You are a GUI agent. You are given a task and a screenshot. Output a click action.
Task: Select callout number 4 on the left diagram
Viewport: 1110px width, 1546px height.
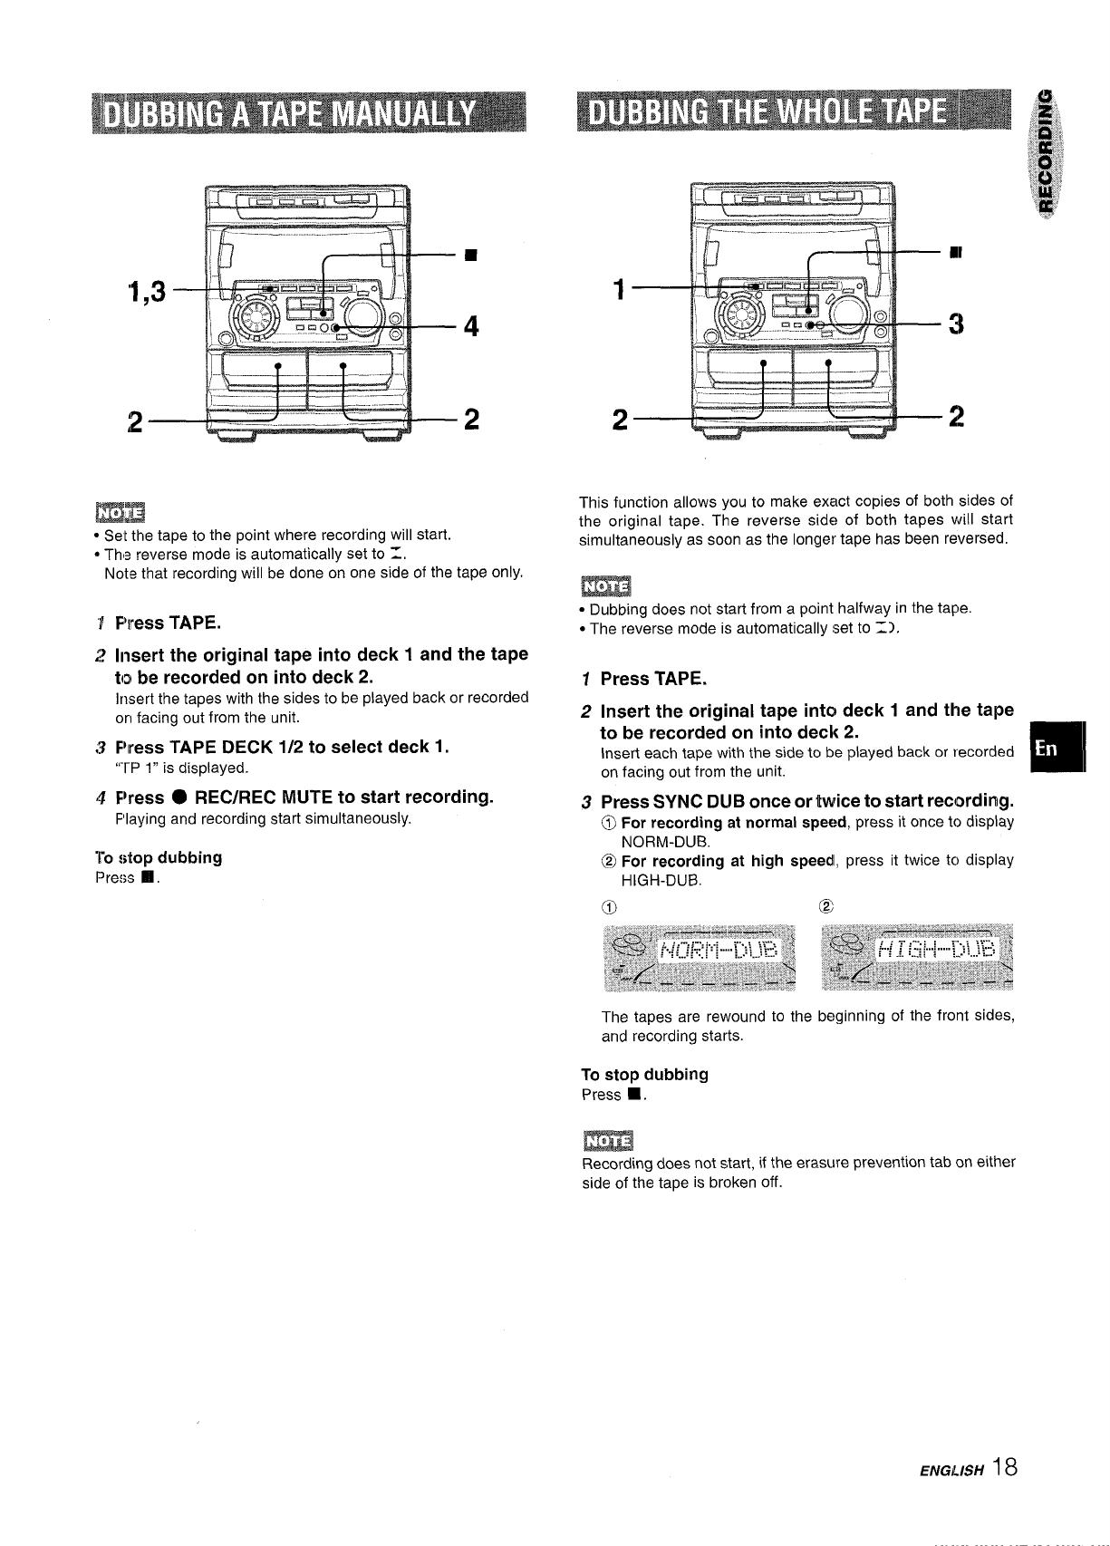coord(470,324)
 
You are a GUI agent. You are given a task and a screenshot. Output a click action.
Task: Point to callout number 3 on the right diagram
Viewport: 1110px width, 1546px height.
coord(955,324)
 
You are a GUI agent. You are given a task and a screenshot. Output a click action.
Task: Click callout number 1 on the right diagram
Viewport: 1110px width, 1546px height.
coord(619,292)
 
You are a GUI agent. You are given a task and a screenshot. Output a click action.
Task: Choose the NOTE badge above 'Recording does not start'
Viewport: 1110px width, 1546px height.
coord(608,1140)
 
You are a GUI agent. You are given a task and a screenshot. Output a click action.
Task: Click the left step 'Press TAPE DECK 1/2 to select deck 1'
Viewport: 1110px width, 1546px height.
coord(283,747)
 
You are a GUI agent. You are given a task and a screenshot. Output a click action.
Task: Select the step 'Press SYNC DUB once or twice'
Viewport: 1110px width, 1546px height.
coord(806,802)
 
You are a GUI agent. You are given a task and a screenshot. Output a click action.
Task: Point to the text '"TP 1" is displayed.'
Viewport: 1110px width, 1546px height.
coord(182,768)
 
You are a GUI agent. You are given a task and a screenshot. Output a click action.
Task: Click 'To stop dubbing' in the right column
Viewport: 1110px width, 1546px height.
coord(644,1074)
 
